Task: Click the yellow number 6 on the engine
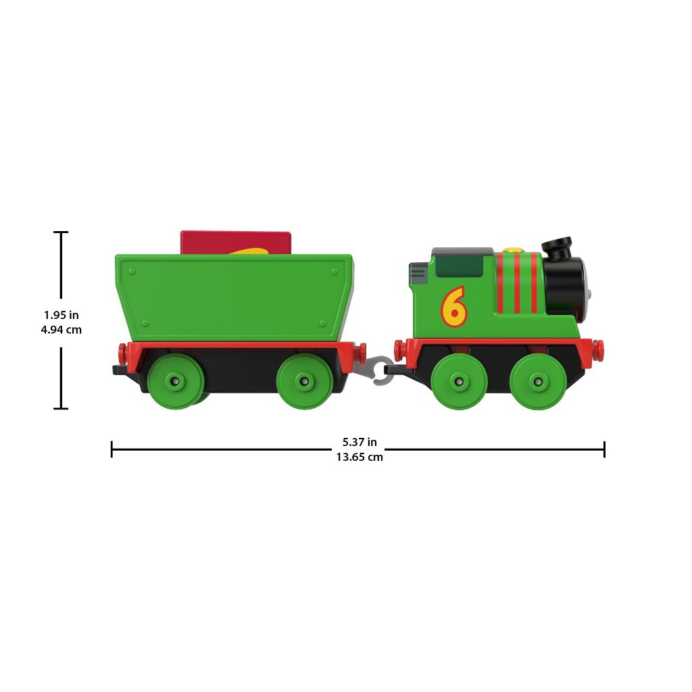[x=454, y=306]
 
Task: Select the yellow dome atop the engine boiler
[x=516, y=250]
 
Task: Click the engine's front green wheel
[x=538, y=381]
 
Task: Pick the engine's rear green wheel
[x=460, y=381]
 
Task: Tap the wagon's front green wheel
[x=305, y=382]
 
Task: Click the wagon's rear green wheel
[x=175, y=382]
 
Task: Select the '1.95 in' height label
[x=61, y=315]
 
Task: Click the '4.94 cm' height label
[x=61, y=330]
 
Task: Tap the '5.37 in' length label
[x=360, y=442]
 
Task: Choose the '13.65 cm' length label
[x=360, y=457]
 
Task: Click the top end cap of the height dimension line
[x=61, y=232]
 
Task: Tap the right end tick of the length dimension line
[x=604, y=449]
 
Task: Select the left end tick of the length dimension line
[x=112, y=449]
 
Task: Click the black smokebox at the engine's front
[x=566, y=284]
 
